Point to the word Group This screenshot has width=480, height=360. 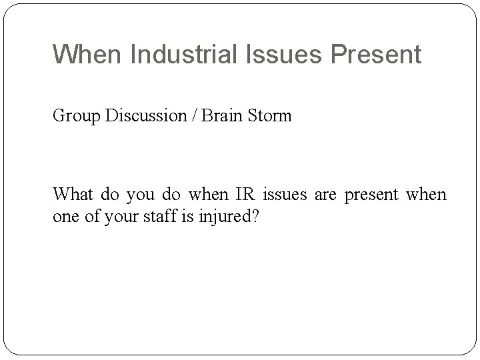[73, 116]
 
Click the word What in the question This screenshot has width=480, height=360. [73, 195]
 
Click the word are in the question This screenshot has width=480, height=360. [327, 196]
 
